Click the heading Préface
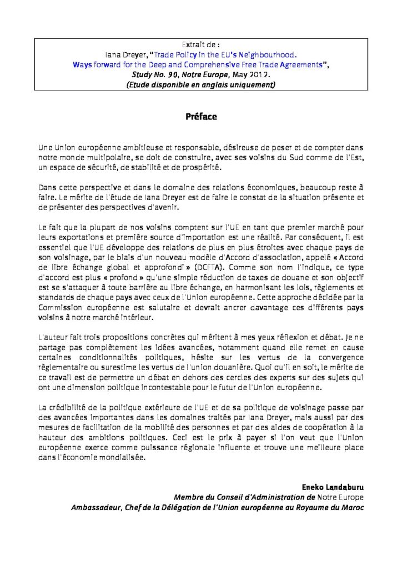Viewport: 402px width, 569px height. pos(201,117)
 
